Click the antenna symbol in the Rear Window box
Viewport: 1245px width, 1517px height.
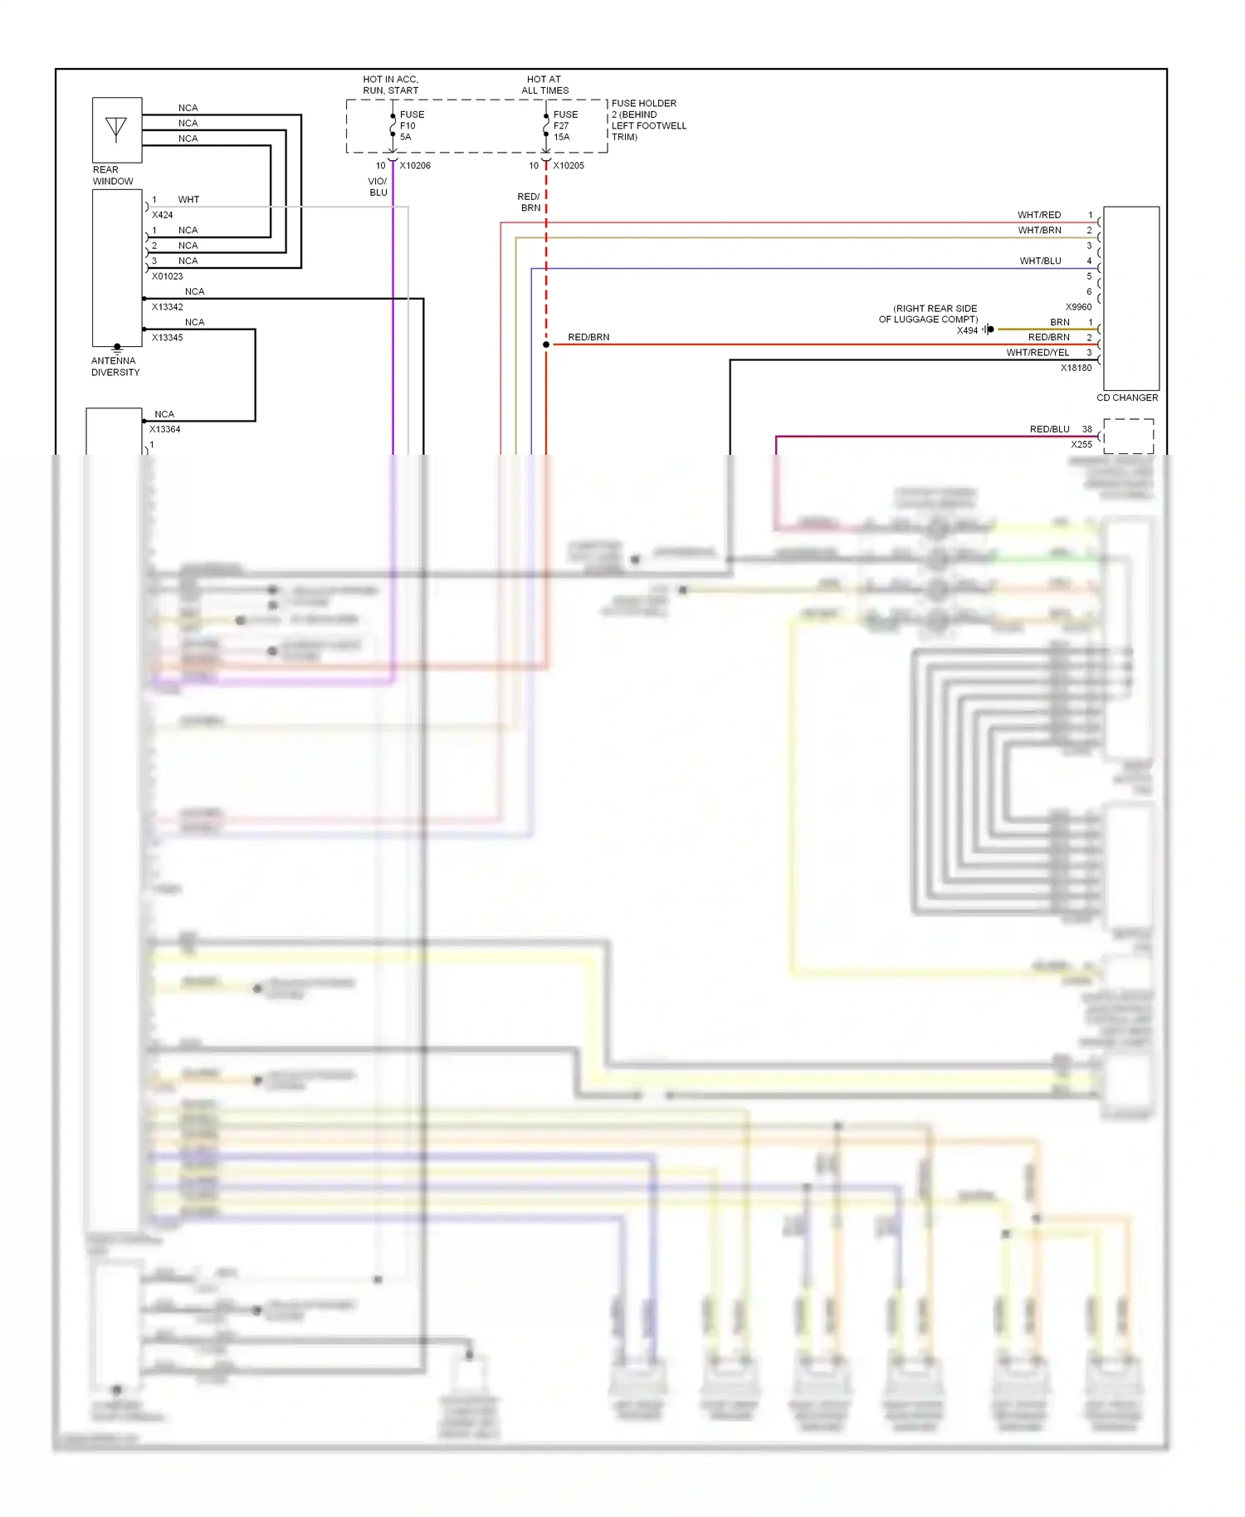(116, 129)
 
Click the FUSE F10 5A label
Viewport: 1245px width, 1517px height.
(412, 126)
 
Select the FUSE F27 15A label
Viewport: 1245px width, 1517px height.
(565, 126)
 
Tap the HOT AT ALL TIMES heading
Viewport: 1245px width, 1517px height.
(544, 85)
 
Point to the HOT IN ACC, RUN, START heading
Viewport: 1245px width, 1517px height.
(390, 85)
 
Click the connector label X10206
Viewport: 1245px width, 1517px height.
(415, 166)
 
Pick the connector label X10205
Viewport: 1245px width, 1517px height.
(569, 166)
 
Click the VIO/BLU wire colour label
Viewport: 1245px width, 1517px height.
(378, 187)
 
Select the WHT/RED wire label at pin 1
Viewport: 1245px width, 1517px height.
(1039, 215)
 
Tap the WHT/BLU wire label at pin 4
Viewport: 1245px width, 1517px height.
(1040, 261)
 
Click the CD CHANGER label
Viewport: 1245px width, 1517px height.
(1127, 398)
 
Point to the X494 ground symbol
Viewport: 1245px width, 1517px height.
(988, 329)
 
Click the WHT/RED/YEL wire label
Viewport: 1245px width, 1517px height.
(1037, 353)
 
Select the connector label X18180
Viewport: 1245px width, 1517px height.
(1076, 368)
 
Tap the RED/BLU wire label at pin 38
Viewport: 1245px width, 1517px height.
(1049, 430)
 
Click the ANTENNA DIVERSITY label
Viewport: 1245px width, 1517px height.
(115, 367)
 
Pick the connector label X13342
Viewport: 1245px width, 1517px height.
(167, 307)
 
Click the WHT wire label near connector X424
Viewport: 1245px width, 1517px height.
(188, 200)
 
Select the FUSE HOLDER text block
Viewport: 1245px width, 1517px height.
(648, 120)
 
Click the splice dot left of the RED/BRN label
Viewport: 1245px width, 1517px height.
(546, 344)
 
